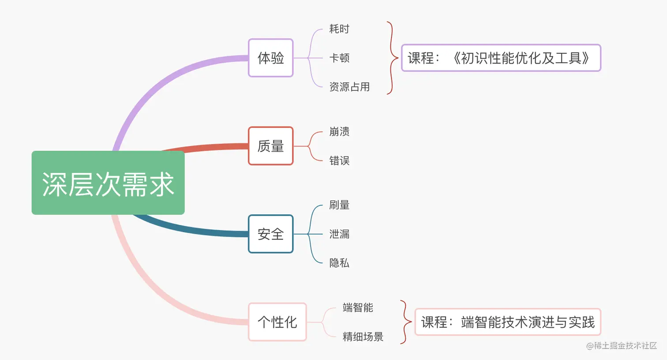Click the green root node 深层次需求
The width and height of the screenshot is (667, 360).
108,183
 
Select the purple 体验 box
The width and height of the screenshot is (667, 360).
271,58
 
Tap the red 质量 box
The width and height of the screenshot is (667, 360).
271,146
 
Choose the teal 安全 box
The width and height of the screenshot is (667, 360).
271,234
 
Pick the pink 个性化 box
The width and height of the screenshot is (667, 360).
277,322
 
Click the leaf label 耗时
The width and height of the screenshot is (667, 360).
339,29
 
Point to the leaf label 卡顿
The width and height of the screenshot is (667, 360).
339,58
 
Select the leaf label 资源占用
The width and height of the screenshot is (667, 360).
349,87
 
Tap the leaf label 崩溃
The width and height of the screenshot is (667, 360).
339,131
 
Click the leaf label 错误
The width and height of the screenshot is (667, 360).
339,161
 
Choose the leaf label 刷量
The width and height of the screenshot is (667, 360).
339,205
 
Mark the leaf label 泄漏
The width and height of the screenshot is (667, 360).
339,234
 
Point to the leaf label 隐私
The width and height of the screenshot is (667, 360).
339,263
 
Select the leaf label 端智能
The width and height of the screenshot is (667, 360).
358,307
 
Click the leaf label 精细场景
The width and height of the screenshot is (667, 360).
363,337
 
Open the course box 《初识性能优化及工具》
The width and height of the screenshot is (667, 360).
501,58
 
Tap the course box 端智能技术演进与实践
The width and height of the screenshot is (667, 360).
508,322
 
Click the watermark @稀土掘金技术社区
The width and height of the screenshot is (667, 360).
622,346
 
